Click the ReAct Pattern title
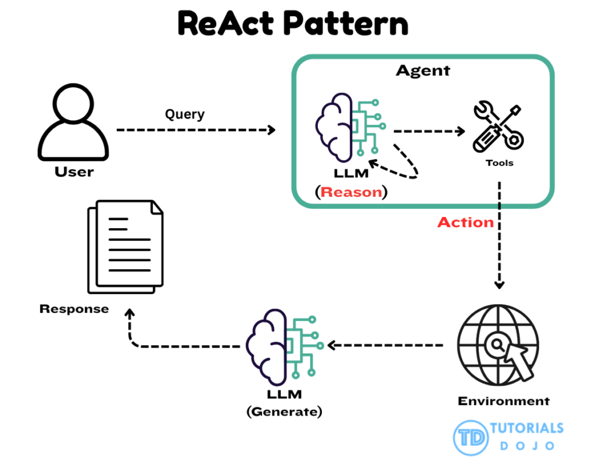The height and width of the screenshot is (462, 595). click(293, 24)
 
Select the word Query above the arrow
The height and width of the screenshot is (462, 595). click(185, 114)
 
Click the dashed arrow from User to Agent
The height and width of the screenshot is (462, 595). click(196, 130)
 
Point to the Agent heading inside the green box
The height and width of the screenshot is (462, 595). click(422, 71)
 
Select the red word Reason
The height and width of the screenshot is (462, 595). click(352, 192)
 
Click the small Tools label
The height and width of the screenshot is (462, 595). click(500, 163)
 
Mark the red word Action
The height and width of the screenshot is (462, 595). click(465, 222)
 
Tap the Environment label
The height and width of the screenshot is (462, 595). click(503, 401)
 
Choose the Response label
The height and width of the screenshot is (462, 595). click(74, 309)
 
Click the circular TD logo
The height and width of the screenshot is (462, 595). click(470, 436)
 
